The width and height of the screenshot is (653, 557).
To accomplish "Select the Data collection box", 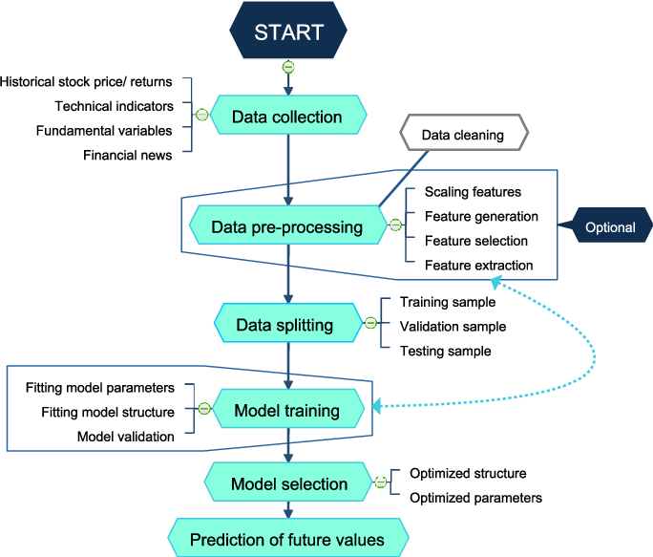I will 287,118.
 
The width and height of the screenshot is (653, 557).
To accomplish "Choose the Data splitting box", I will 284,325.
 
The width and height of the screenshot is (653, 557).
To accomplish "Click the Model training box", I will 287,412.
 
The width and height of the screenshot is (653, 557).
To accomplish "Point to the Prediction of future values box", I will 287,540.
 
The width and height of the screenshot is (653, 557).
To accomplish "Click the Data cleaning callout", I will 462,135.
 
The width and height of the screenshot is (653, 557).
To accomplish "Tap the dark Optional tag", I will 608,227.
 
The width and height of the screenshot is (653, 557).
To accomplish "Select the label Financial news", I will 127,153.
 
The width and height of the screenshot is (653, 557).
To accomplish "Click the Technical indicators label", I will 114,105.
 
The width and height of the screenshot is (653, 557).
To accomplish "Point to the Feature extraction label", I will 478,265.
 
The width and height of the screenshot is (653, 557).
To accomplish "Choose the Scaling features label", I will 473,192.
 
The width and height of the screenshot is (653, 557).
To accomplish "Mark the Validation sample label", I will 453,326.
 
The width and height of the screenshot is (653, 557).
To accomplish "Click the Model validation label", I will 126,437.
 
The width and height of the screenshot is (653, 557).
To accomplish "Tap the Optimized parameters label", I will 475,497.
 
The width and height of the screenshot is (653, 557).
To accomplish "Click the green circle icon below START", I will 288,67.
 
